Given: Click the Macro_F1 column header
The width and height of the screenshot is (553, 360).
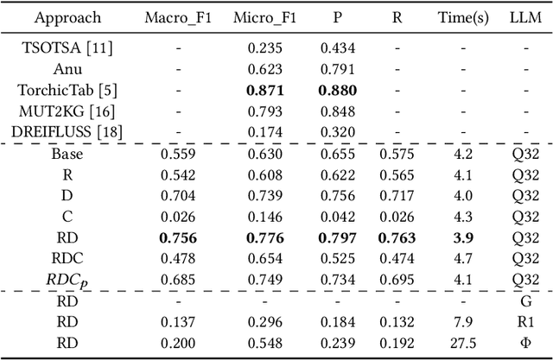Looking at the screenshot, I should [178, 17].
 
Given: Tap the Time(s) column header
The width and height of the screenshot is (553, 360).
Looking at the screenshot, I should [462, 17].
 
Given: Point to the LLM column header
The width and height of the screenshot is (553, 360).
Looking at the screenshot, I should [524, 17].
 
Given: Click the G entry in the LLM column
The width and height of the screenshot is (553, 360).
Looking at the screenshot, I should [524, 301].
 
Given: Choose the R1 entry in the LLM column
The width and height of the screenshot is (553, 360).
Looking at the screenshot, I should [524, 321].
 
